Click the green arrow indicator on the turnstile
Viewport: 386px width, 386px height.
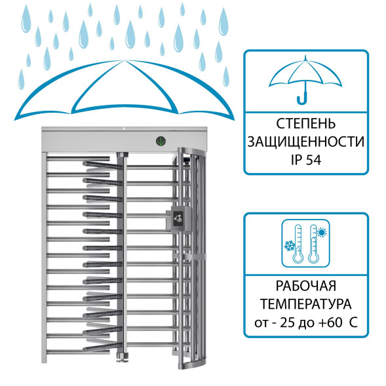(x=161, y=141)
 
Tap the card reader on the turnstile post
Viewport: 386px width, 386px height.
(x=178, y=218)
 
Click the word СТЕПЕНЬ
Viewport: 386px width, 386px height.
(x=306, y=124)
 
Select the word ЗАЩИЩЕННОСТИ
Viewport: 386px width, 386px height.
(x=306, y=142)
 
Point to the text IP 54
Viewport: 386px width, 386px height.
(x=306, y=160)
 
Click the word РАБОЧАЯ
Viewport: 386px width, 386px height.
(x=306, y=286)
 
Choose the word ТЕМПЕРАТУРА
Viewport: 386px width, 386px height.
(x=306, y=304)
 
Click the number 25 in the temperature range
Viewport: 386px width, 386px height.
(x=288, y=322)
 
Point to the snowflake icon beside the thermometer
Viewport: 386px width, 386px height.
(x=290, y=246)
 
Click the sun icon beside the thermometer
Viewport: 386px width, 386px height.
(x=322, y=232)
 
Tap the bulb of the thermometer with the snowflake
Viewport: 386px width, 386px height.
(x=298, y=258)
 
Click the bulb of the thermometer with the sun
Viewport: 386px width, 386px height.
(x=313, y=258)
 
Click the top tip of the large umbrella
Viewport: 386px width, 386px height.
(x=125, y=60)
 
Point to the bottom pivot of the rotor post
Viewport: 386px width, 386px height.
(x=122, y=357)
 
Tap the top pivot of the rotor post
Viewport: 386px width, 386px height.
(x=123, y=155)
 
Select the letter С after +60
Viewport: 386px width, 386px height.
(x=353, y=322)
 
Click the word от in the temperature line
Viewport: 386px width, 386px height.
(x=261, y=323)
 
